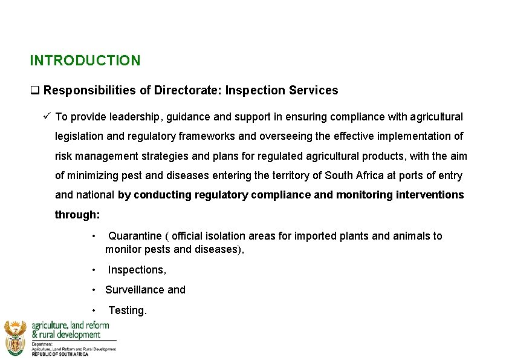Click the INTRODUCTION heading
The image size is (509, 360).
click(x=85, y=61)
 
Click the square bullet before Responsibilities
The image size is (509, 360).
click(x=34, y=91)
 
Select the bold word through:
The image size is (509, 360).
click(x=77, y=215)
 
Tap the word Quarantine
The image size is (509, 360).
click(x=135, y=236)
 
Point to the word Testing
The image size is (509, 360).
click(x=127, y=310)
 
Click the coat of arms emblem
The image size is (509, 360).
click(x=15, y=337)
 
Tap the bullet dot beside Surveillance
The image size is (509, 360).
click(x=94, y=290)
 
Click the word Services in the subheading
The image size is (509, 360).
click(x=313, y=91)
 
